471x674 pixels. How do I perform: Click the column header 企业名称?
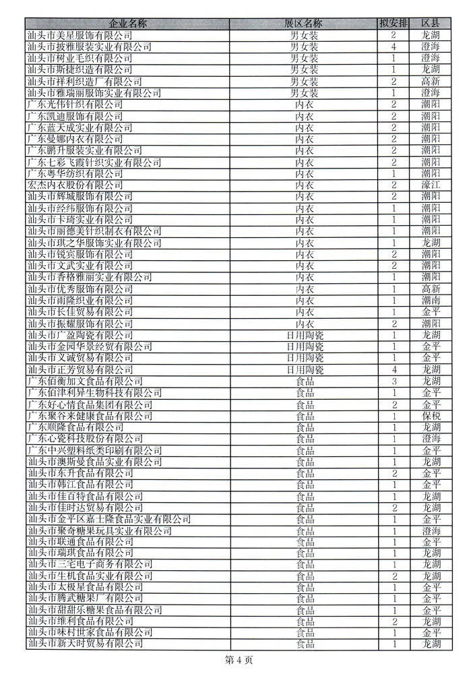(x=127, y=23)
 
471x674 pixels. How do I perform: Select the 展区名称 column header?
(x=305, y=23)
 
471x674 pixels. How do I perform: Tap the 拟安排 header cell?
(x=394, y=23)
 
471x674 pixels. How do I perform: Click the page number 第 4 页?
(x=235, y=660)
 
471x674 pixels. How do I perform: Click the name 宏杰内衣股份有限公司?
(x=75, y=184)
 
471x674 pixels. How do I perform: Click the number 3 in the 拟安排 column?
(x=394, y=381)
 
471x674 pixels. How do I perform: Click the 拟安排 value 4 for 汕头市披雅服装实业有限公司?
(x=394, y=47)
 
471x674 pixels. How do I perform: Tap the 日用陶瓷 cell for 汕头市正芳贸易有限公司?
(x=305, y=369)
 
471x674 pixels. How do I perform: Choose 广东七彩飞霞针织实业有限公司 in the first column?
(x=94, y=161)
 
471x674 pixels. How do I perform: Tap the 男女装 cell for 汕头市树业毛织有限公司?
(x=305, y=58)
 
